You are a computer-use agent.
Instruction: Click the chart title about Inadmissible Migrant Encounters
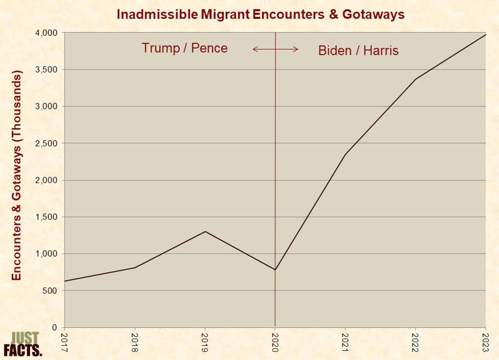coord(261,14)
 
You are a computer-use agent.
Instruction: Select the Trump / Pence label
coord(184,48)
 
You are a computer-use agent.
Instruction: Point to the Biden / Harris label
coord(358,51)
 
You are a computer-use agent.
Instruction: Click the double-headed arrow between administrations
coord(275,49)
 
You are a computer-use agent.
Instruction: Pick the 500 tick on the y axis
coord(52,290)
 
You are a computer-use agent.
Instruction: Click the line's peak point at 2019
coord(205,231)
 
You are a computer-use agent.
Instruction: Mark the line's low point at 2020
coord(275,269)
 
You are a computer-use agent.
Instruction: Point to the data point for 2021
coord(345,154)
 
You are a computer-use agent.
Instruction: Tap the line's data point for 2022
coord(416,79)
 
